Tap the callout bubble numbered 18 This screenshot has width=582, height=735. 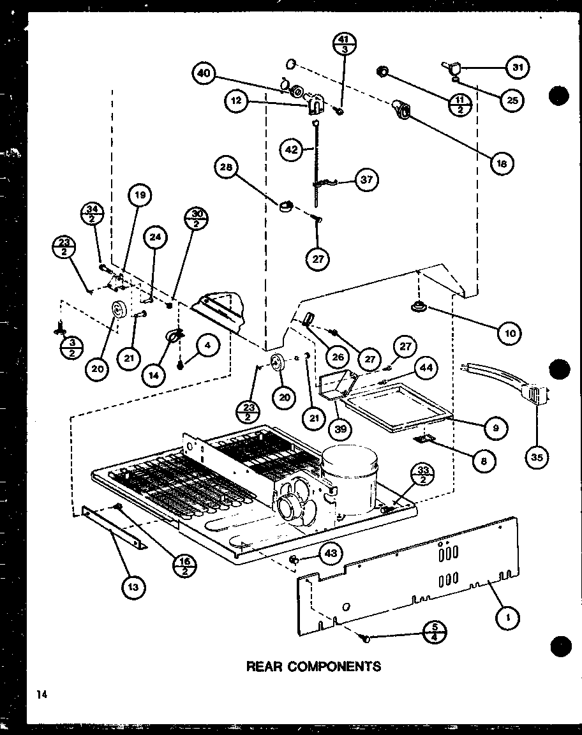pos(502,163)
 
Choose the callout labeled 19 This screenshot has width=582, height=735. pos(140,196)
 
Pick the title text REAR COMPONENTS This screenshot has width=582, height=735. pos(313,666)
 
